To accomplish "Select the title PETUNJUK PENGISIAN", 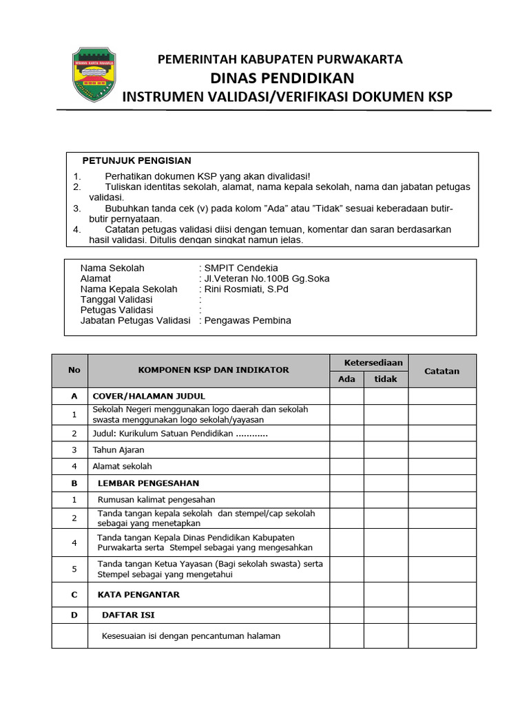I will coord(136,160).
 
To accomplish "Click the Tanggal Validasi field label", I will coord(116,299).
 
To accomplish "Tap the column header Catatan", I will coord(442,370).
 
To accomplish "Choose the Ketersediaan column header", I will coord(369,363).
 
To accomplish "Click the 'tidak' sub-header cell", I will coord(386,379).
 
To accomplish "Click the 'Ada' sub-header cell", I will coord(346,379).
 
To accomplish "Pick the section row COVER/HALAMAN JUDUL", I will coord(140,397).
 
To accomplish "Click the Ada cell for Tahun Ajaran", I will coord(346,450).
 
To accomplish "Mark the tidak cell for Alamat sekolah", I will coord(386,466).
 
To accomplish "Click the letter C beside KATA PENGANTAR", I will coord(74,593).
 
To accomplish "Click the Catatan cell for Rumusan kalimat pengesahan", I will coord(442,499).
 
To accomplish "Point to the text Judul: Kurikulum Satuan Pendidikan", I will coord(180,434).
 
